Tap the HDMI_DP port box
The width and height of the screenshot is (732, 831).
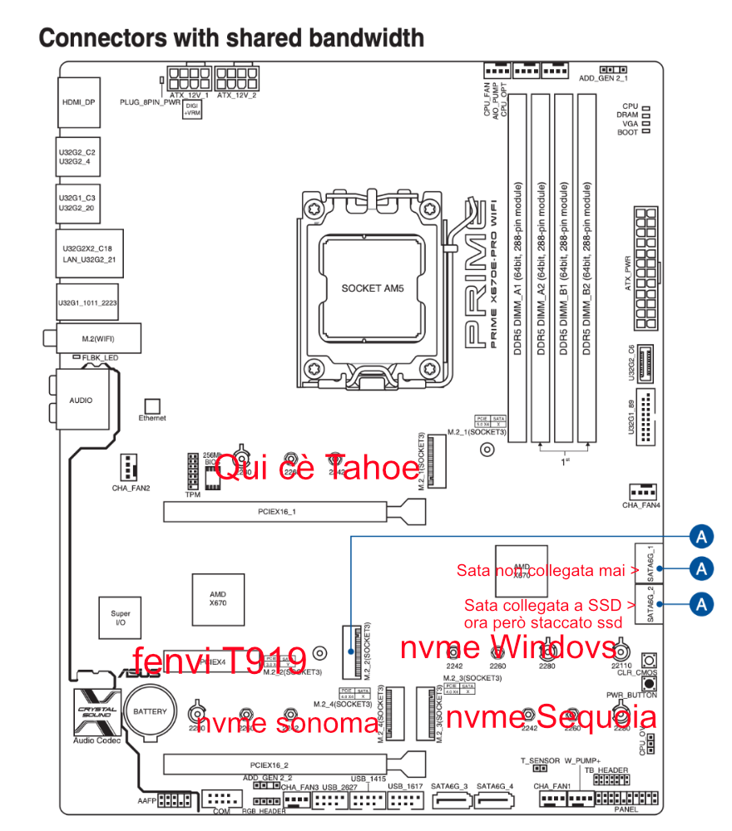pyautogui.click(x=80, y=102)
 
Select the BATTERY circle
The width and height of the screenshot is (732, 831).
pyautogui.click(x=151, y=711)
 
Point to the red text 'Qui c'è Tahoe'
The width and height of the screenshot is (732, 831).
pyautogui.click(x=317, y=469)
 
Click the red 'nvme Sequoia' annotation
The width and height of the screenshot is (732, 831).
pyautogui.click(x=551, y=716)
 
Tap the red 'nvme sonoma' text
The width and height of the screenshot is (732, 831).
pyautogui.click(x=287, y=723)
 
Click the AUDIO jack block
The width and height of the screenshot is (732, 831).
pyautogui.click(x=82, y=401)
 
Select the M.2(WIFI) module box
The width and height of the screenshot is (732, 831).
pyautogui.click(x=98, y=338)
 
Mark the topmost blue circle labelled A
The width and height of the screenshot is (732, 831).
pyautogui.click(x=702, y=536)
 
